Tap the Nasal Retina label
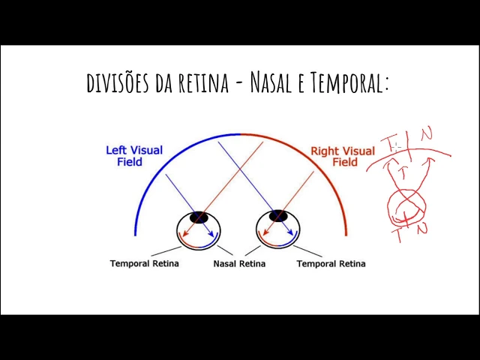pyautogui.click(x=239, y=264)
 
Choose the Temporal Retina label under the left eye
pyautogui.click(x=144, y=264)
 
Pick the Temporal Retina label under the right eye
pyautogui.click(x=331, y=264)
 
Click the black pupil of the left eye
pyautogui.click(x=199, y=217)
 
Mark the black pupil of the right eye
pyautogui.click(x=279, y=217)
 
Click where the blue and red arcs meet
pyautogui.click(x=240, y=133)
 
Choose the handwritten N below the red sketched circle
pyautogui.click(x=422, y=229)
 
